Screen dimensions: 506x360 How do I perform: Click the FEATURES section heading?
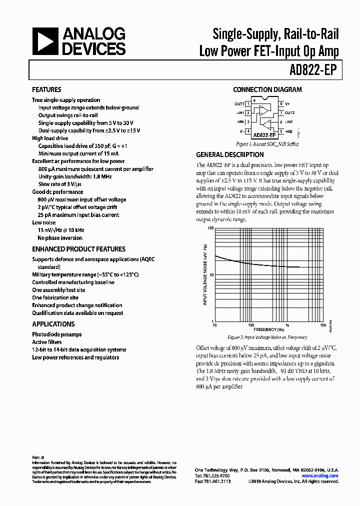(x=46, y=90)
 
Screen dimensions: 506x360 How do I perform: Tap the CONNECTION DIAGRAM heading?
(x=267, y=90)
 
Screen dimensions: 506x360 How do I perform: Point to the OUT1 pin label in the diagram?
(x=239, y=104)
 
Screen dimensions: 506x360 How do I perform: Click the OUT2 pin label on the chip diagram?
(x=290, y=113)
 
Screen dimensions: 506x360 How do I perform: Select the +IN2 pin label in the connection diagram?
(x=289, y=131)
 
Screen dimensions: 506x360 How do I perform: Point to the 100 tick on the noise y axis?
(x=210, y=227)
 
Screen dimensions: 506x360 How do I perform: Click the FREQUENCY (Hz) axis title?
(x=268, y=330)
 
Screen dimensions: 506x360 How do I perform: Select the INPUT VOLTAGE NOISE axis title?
(x=205, y=274)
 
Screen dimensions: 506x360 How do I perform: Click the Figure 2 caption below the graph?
(x=267, y=337)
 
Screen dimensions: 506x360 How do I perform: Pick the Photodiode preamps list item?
(x=56, y=334)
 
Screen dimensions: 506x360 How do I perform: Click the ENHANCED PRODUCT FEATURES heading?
(x=78, y=249)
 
